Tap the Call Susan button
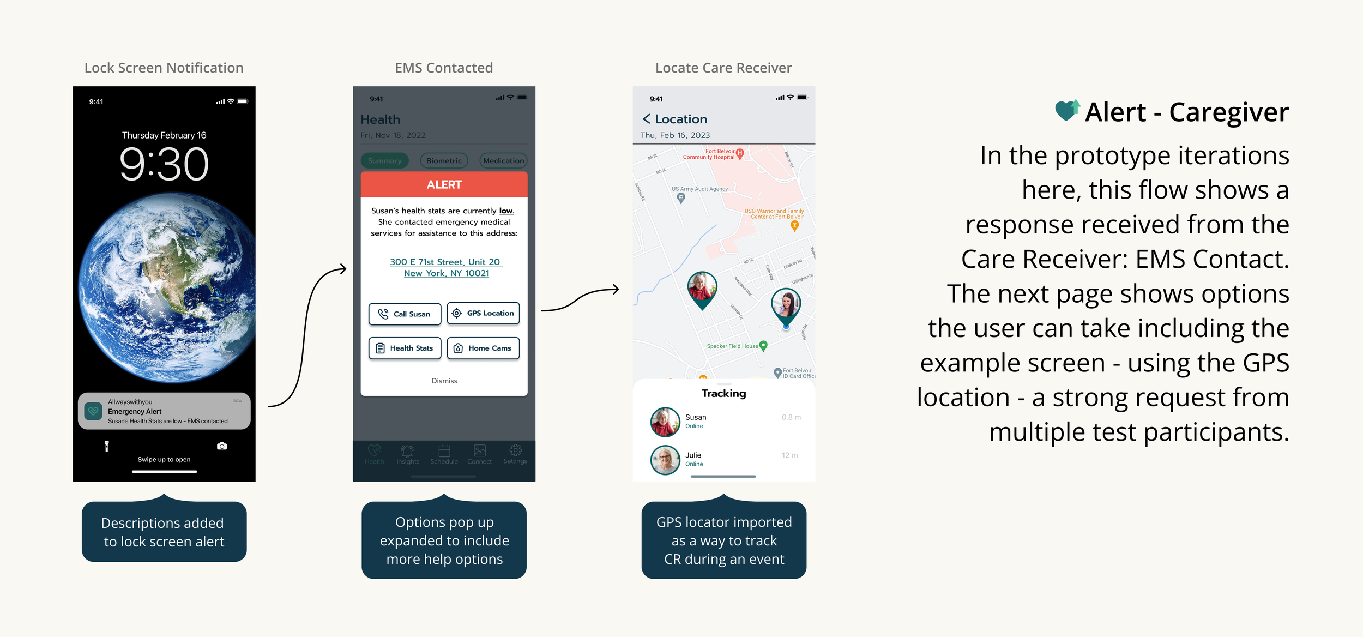coord(405,314)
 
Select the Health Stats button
coord(405,348)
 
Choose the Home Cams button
coord(483,348)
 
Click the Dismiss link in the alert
coord(444,381)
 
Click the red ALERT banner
coord(444,185)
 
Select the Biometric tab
coord(444,161)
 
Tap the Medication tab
coord(503,161)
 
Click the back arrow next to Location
coord(646,119)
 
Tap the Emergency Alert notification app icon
coord(94,411)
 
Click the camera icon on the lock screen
coord(222,446)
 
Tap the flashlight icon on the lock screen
coord(107,447)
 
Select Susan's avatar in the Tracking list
coord(665,422)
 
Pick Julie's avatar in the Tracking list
coord(665,460)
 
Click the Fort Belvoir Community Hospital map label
coord(709,154)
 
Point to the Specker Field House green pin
coord(763,345)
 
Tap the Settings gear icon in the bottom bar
coord(515,450)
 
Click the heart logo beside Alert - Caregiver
coord(1067,111)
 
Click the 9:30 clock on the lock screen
coord(164,164)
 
